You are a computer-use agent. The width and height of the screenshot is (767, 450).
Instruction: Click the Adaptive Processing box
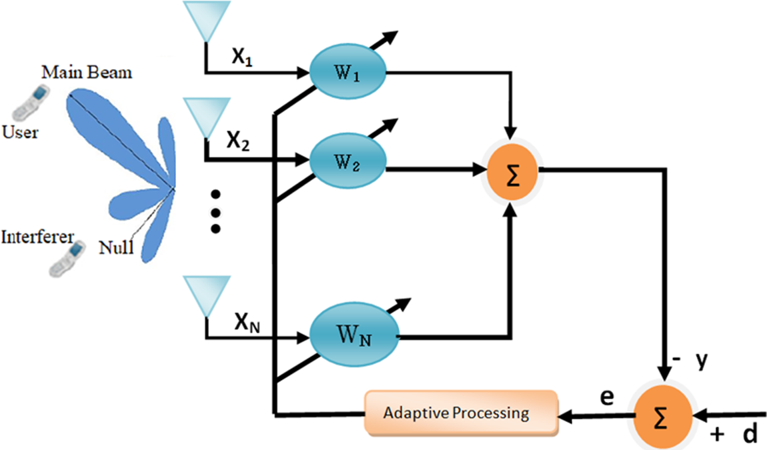pos(460,411)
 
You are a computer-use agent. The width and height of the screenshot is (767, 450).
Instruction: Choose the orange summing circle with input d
pos(662,413)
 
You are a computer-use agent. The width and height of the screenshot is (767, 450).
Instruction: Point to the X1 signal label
pos(243,57)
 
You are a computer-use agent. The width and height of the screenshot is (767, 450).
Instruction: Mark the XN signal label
pos(247,325)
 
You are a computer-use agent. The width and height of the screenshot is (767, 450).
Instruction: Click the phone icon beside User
pos(27,104)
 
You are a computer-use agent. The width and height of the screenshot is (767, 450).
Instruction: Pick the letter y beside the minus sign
pos(700,361)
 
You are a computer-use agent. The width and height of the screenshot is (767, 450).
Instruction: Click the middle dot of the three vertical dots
pos(215,211)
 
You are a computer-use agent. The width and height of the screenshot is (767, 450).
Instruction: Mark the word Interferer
pos(37,237)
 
